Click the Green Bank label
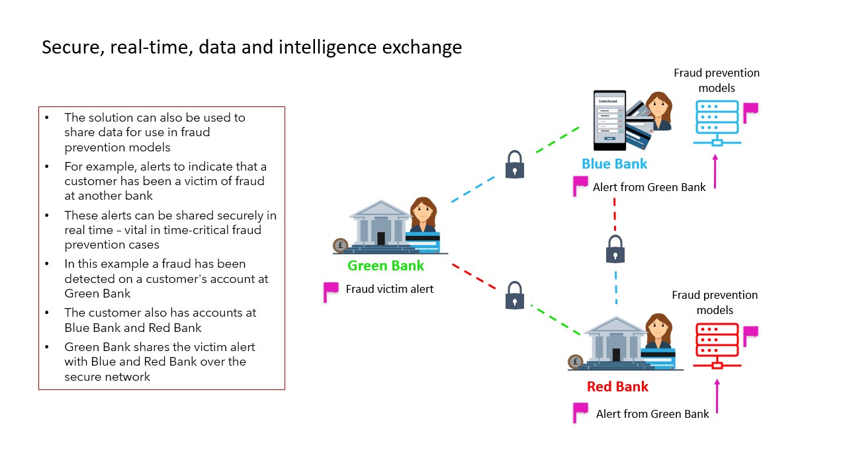[386, 266]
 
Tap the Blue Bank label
[614, 163]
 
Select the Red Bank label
[617, 387]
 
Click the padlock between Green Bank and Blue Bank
[515, 164]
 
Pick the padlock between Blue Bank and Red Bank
[615, 249]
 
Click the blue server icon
[717, 123]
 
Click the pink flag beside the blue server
[750, 111]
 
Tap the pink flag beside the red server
[750, 335]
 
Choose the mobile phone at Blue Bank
[609, 120]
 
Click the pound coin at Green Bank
[341, 245]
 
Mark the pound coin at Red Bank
[576, 362]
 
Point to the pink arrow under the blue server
[715, 173]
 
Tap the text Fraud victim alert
[390, 289]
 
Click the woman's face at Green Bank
[422, 211]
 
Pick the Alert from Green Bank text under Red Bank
[652, 414]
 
